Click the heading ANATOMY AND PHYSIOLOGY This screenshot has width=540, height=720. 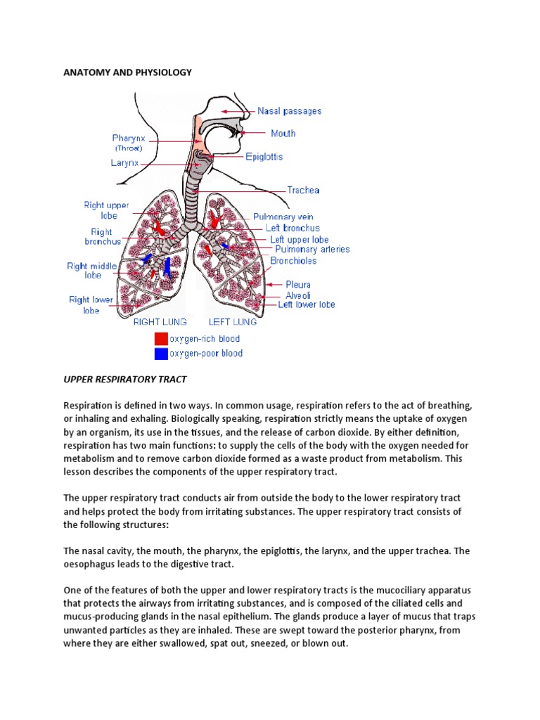pyautogui.click(x=127, y=72)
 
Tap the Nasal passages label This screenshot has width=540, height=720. pyautogui.click(x=289, y=111)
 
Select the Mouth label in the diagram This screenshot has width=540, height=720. pyautogui.click(x=283, y=133)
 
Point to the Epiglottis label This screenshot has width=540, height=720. pyautogui.click(x=264, y=157)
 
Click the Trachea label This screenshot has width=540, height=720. pyautogui.click(x=304, y=190)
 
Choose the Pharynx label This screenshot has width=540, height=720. pyautogui.click(x=129, y=139)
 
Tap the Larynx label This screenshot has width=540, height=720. pyautogui.click(x=124, y=162)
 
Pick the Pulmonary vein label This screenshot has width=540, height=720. pyautogui.click(x=283, y=217)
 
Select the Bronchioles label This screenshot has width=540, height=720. pyautogui.click(x=293, y=260)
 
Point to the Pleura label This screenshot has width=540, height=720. pyautogui.click(x=298, y=285)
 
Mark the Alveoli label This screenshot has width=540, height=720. pyautogui.click(x=298, y=295)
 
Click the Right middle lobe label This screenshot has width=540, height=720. pyautogui.click(x=89, y=271)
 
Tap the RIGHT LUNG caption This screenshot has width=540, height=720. pyautogui.click(x=160, y=322)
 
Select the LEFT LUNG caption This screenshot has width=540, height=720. pyautogui.click(x=232, y=322)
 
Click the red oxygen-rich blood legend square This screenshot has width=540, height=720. pyautogui.click(x=161, y=339)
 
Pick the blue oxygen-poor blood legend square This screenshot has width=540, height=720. pyautogui.click(x=161, y=354)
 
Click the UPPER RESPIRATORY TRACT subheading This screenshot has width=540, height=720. pyautogui.click(x=125, y=379)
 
